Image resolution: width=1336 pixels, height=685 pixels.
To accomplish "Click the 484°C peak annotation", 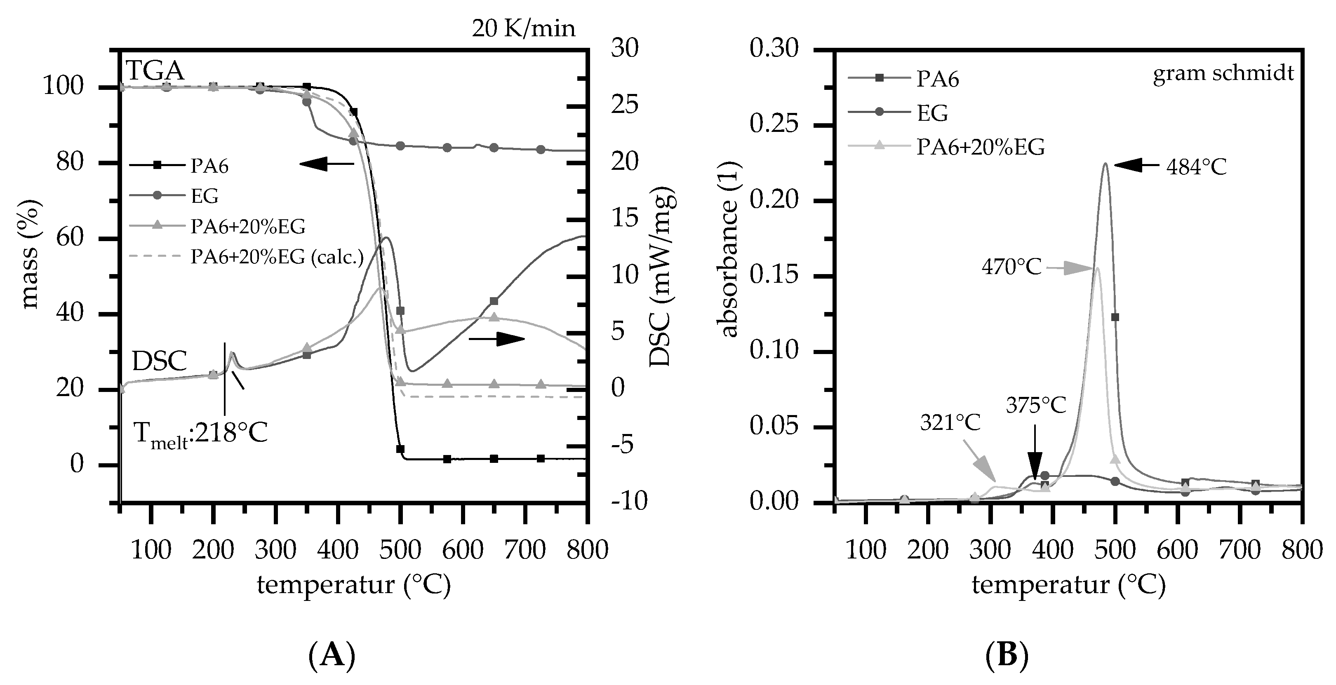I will (x=1195, y=167).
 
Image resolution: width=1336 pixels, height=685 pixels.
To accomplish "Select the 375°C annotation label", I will (x=1036, y=405).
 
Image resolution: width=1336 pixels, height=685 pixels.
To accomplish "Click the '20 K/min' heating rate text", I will (x=523, y=28).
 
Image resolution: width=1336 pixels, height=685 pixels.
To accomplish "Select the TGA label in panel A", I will (x=155, y=70).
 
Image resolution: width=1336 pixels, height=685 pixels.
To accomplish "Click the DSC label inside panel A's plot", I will (x=159, y=361).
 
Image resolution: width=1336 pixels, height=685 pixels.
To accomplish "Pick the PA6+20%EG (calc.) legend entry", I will (x=276, y=256).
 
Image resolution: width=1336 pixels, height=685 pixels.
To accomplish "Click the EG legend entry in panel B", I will (x=932, y=113).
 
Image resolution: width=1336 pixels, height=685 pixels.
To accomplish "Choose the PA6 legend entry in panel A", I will (x=209, y=166).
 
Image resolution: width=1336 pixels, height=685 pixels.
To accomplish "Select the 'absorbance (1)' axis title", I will (x=729, y=249).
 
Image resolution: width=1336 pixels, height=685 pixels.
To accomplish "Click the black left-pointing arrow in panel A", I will (x=326, y=164).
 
